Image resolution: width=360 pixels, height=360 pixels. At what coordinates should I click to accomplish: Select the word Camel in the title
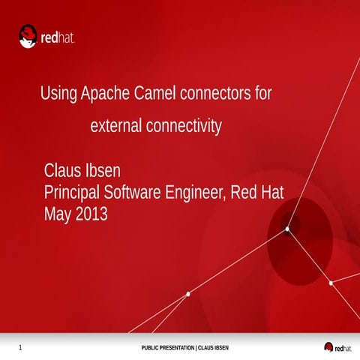154,94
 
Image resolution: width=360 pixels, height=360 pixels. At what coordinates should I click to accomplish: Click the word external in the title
115,127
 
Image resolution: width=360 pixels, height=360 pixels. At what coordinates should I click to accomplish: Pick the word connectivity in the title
184,127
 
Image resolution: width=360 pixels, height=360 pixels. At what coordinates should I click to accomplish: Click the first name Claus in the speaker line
64,169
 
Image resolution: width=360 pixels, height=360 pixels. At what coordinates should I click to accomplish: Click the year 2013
91,214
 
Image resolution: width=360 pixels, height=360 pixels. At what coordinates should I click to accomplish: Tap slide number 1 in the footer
19,347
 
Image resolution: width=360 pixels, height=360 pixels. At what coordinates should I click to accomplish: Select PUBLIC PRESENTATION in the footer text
167,348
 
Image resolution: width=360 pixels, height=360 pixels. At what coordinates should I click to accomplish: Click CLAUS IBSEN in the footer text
213,348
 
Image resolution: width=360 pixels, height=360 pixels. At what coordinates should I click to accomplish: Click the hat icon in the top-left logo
29,35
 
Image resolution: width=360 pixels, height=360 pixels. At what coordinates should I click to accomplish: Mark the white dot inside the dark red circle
287,229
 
